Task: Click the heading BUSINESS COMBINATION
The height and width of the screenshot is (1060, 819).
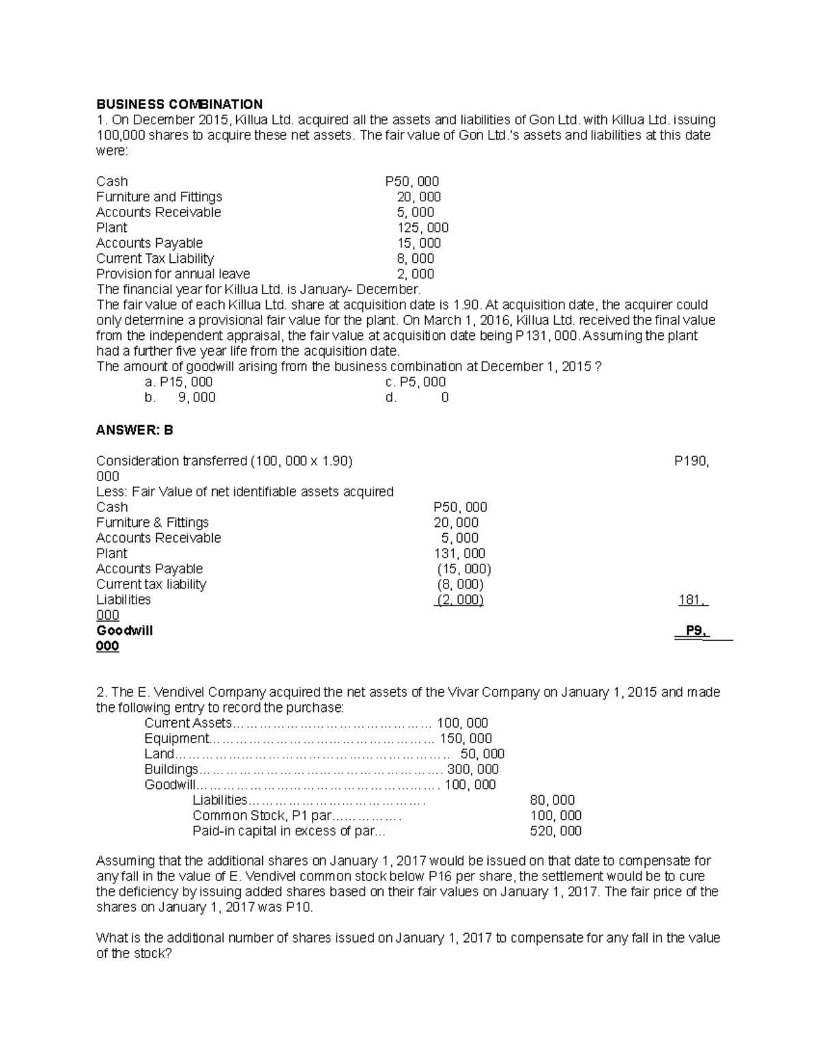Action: [x=179, y=104]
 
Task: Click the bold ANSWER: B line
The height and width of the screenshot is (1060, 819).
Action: [x=134, y=430]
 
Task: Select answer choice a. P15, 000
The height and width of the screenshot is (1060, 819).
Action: [x=174, y=382]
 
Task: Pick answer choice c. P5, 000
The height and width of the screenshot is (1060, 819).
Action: [x=415, y=382]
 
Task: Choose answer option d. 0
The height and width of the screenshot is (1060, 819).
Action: [x=417, y=398]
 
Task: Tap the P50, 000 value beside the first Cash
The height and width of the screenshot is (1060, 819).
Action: [x=412, y=182]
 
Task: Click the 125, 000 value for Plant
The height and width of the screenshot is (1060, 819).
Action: [x=422, y=228]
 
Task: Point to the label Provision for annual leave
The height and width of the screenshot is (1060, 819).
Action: [x=173, y=274]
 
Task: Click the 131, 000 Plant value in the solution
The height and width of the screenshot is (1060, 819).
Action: [x=459, y=554]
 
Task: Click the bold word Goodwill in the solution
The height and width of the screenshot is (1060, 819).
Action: [x=124, y=631]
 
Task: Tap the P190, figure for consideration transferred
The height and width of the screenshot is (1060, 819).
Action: [x=691, y=461]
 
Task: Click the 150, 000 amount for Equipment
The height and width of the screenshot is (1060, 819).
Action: [x=465, y=739]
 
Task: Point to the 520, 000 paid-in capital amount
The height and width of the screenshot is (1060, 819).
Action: [x=556, y=831]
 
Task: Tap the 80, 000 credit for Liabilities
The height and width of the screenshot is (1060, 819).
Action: [x=552, y=800]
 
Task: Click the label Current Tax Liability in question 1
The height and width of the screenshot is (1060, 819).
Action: [x=155, y=259]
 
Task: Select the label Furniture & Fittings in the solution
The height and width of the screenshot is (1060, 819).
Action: [x=152, y=523]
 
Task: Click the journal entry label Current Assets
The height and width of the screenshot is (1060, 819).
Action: [x=188, y=724]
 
